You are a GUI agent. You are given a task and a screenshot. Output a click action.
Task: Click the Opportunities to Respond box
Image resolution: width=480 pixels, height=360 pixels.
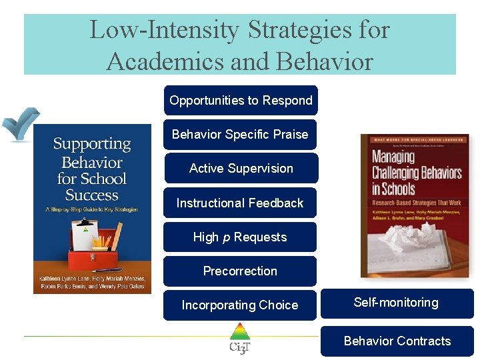coord(241,101)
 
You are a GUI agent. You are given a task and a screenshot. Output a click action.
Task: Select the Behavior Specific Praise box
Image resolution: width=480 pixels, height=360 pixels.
coord(241,135)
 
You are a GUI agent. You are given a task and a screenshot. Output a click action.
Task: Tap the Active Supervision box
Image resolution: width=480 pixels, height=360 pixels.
coord(241,169)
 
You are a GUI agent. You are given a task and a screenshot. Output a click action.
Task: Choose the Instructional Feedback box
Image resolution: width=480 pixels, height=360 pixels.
coord(240,203)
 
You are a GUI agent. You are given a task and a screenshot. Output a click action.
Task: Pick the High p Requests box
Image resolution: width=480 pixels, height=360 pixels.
coord(240,237)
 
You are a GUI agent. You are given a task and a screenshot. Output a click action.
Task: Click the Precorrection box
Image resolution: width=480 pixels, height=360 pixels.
coord(240,271)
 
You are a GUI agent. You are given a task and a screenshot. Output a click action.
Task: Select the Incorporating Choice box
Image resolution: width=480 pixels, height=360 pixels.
coord(240,305)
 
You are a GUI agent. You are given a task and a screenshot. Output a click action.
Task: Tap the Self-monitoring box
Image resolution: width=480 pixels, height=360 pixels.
coord(397,303)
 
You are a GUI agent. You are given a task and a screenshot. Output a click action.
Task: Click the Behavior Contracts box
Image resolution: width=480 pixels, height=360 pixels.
coord(397,341)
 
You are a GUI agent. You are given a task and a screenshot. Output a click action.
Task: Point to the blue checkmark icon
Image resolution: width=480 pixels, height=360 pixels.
coord(20,125)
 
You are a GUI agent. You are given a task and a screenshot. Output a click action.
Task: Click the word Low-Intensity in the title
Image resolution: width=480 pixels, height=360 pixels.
coord(163,30)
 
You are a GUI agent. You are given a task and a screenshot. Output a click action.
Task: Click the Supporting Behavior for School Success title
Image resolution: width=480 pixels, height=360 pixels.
coord(92,169)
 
